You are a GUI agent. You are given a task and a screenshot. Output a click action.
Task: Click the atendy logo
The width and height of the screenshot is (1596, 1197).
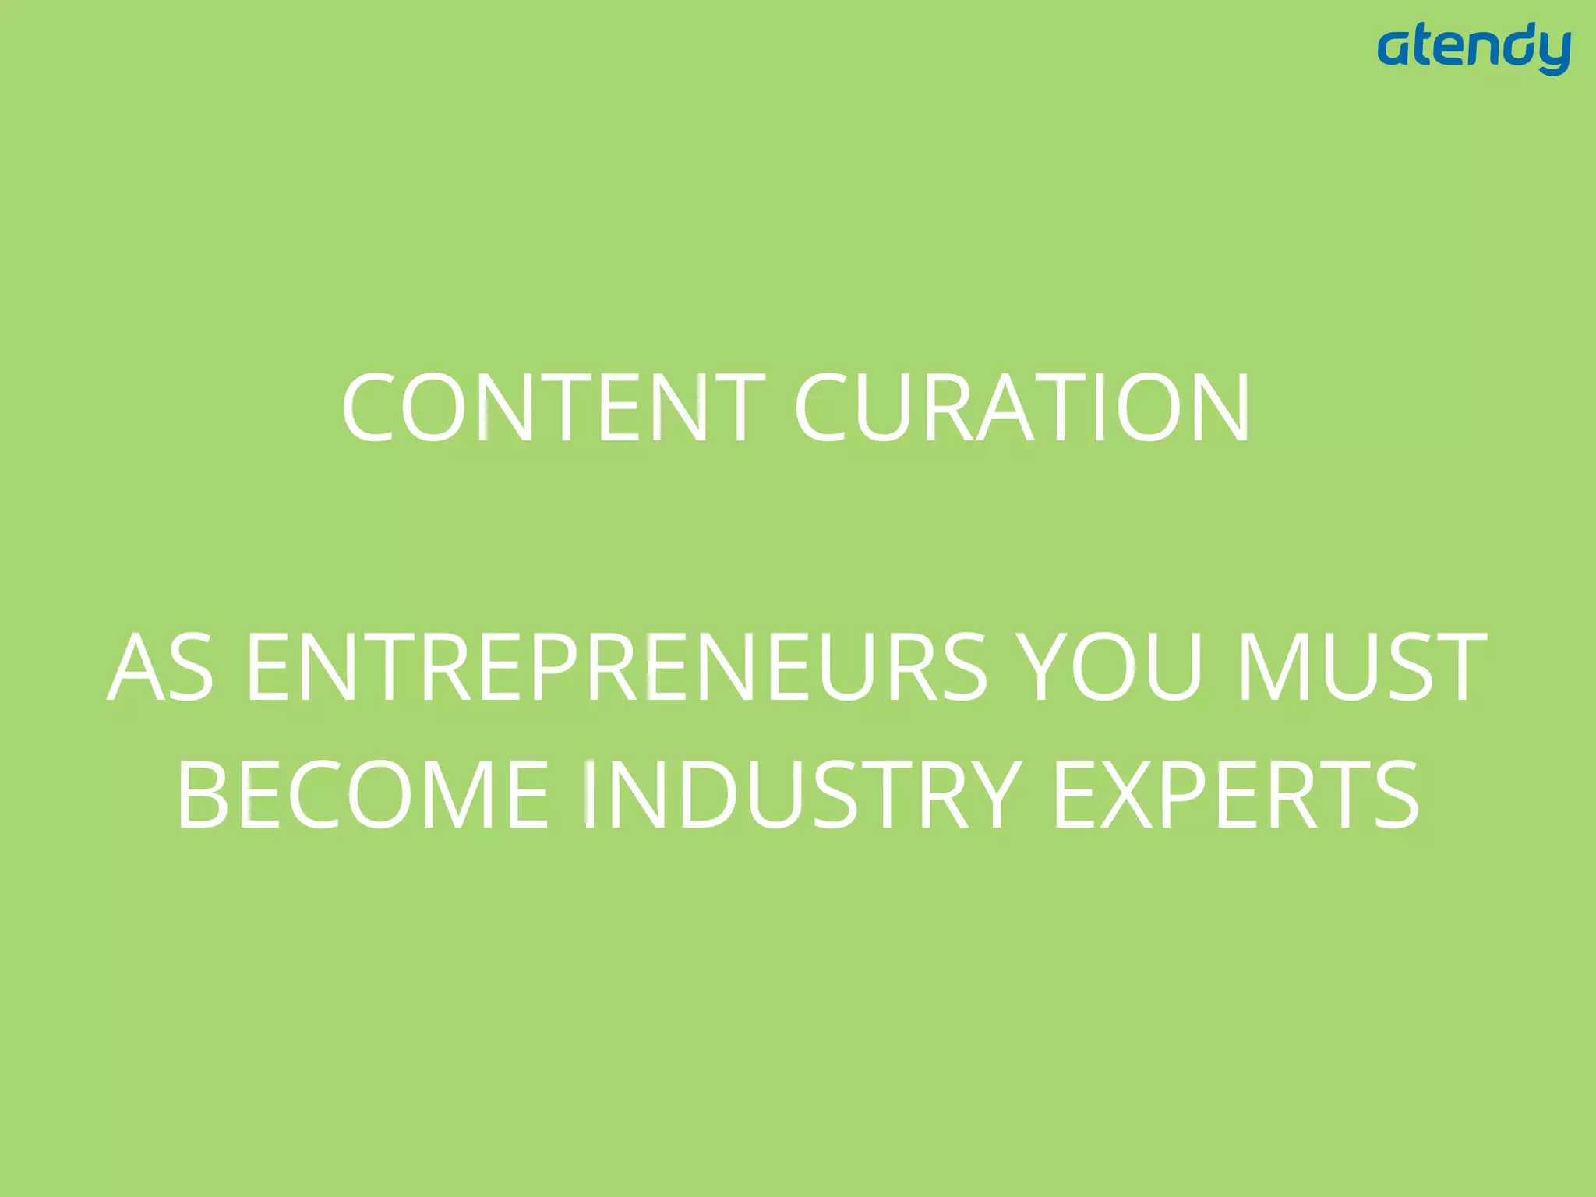click(x=1474, y=49)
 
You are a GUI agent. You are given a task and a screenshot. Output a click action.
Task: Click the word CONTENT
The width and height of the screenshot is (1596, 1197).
click(x=553, y=408)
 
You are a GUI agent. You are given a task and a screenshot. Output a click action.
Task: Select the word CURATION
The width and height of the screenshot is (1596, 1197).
click(x=1022, y=408)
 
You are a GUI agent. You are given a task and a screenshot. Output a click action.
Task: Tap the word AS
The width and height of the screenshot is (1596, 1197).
click(x=161, y=667)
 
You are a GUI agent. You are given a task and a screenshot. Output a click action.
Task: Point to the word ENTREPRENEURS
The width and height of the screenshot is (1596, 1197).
click(x=616, y=667)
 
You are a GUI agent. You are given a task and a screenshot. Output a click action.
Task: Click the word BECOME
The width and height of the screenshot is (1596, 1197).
click(x=363, y=796)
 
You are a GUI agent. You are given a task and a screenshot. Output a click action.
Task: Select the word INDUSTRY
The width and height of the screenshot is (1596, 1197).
click(x=803, y=796)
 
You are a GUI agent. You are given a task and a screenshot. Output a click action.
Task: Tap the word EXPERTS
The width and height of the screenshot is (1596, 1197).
click(x=1236, y=796)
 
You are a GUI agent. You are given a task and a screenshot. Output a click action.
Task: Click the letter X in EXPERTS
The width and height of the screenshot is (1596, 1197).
click(x=1135, y=796)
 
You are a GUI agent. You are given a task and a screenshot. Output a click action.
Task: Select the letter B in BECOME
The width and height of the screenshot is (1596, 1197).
click(x=204, y=796)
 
